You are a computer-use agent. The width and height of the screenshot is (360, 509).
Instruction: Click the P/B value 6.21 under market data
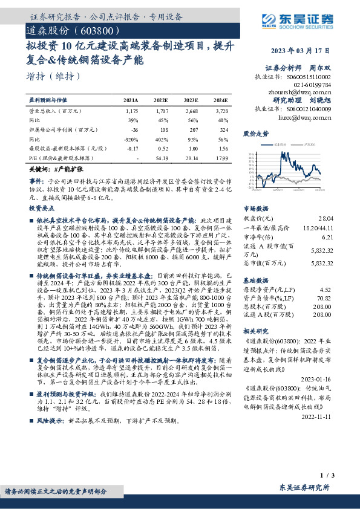click(326, 238)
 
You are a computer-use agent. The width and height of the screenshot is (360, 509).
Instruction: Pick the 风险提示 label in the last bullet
click(50, 452)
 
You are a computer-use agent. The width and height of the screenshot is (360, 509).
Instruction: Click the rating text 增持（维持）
click(53, 76)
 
